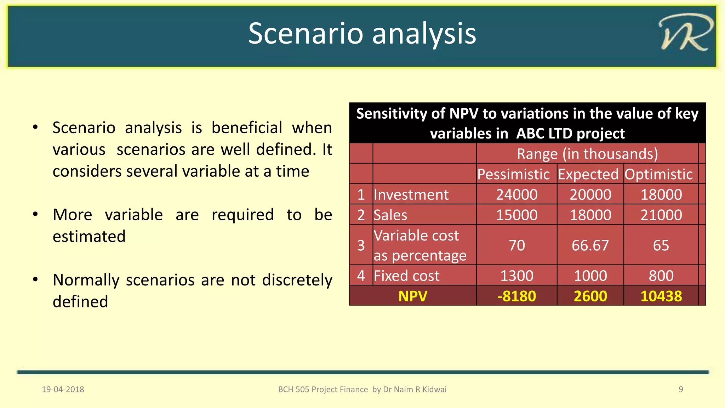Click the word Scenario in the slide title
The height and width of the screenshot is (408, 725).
(306, 33)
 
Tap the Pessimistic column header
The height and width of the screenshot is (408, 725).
(513, 174)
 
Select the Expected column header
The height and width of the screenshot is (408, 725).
(588, 174)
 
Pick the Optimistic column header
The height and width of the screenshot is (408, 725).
(658, 174)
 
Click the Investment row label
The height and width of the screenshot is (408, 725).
(411, 195)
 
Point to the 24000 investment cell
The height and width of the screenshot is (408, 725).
(516, 195)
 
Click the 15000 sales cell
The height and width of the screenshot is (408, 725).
(516, 215)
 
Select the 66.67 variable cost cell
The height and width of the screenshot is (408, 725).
(590, 245)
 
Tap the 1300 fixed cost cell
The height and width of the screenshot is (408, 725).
(516, 276)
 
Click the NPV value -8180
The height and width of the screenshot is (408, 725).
(516, 296)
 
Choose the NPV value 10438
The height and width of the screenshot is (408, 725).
(661, 296)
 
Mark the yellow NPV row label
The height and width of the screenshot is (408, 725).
(413, 296)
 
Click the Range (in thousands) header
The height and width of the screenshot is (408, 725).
(587, 154)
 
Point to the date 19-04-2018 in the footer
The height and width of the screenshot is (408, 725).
(63, 390)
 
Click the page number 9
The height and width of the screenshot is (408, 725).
(681, 390)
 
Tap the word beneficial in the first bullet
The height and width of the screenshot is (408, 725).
(247, 127)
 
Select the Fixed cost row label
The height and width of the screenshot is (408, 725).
(406, 276)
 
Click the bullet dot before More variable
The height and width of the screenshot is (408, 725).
(35, 214)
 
